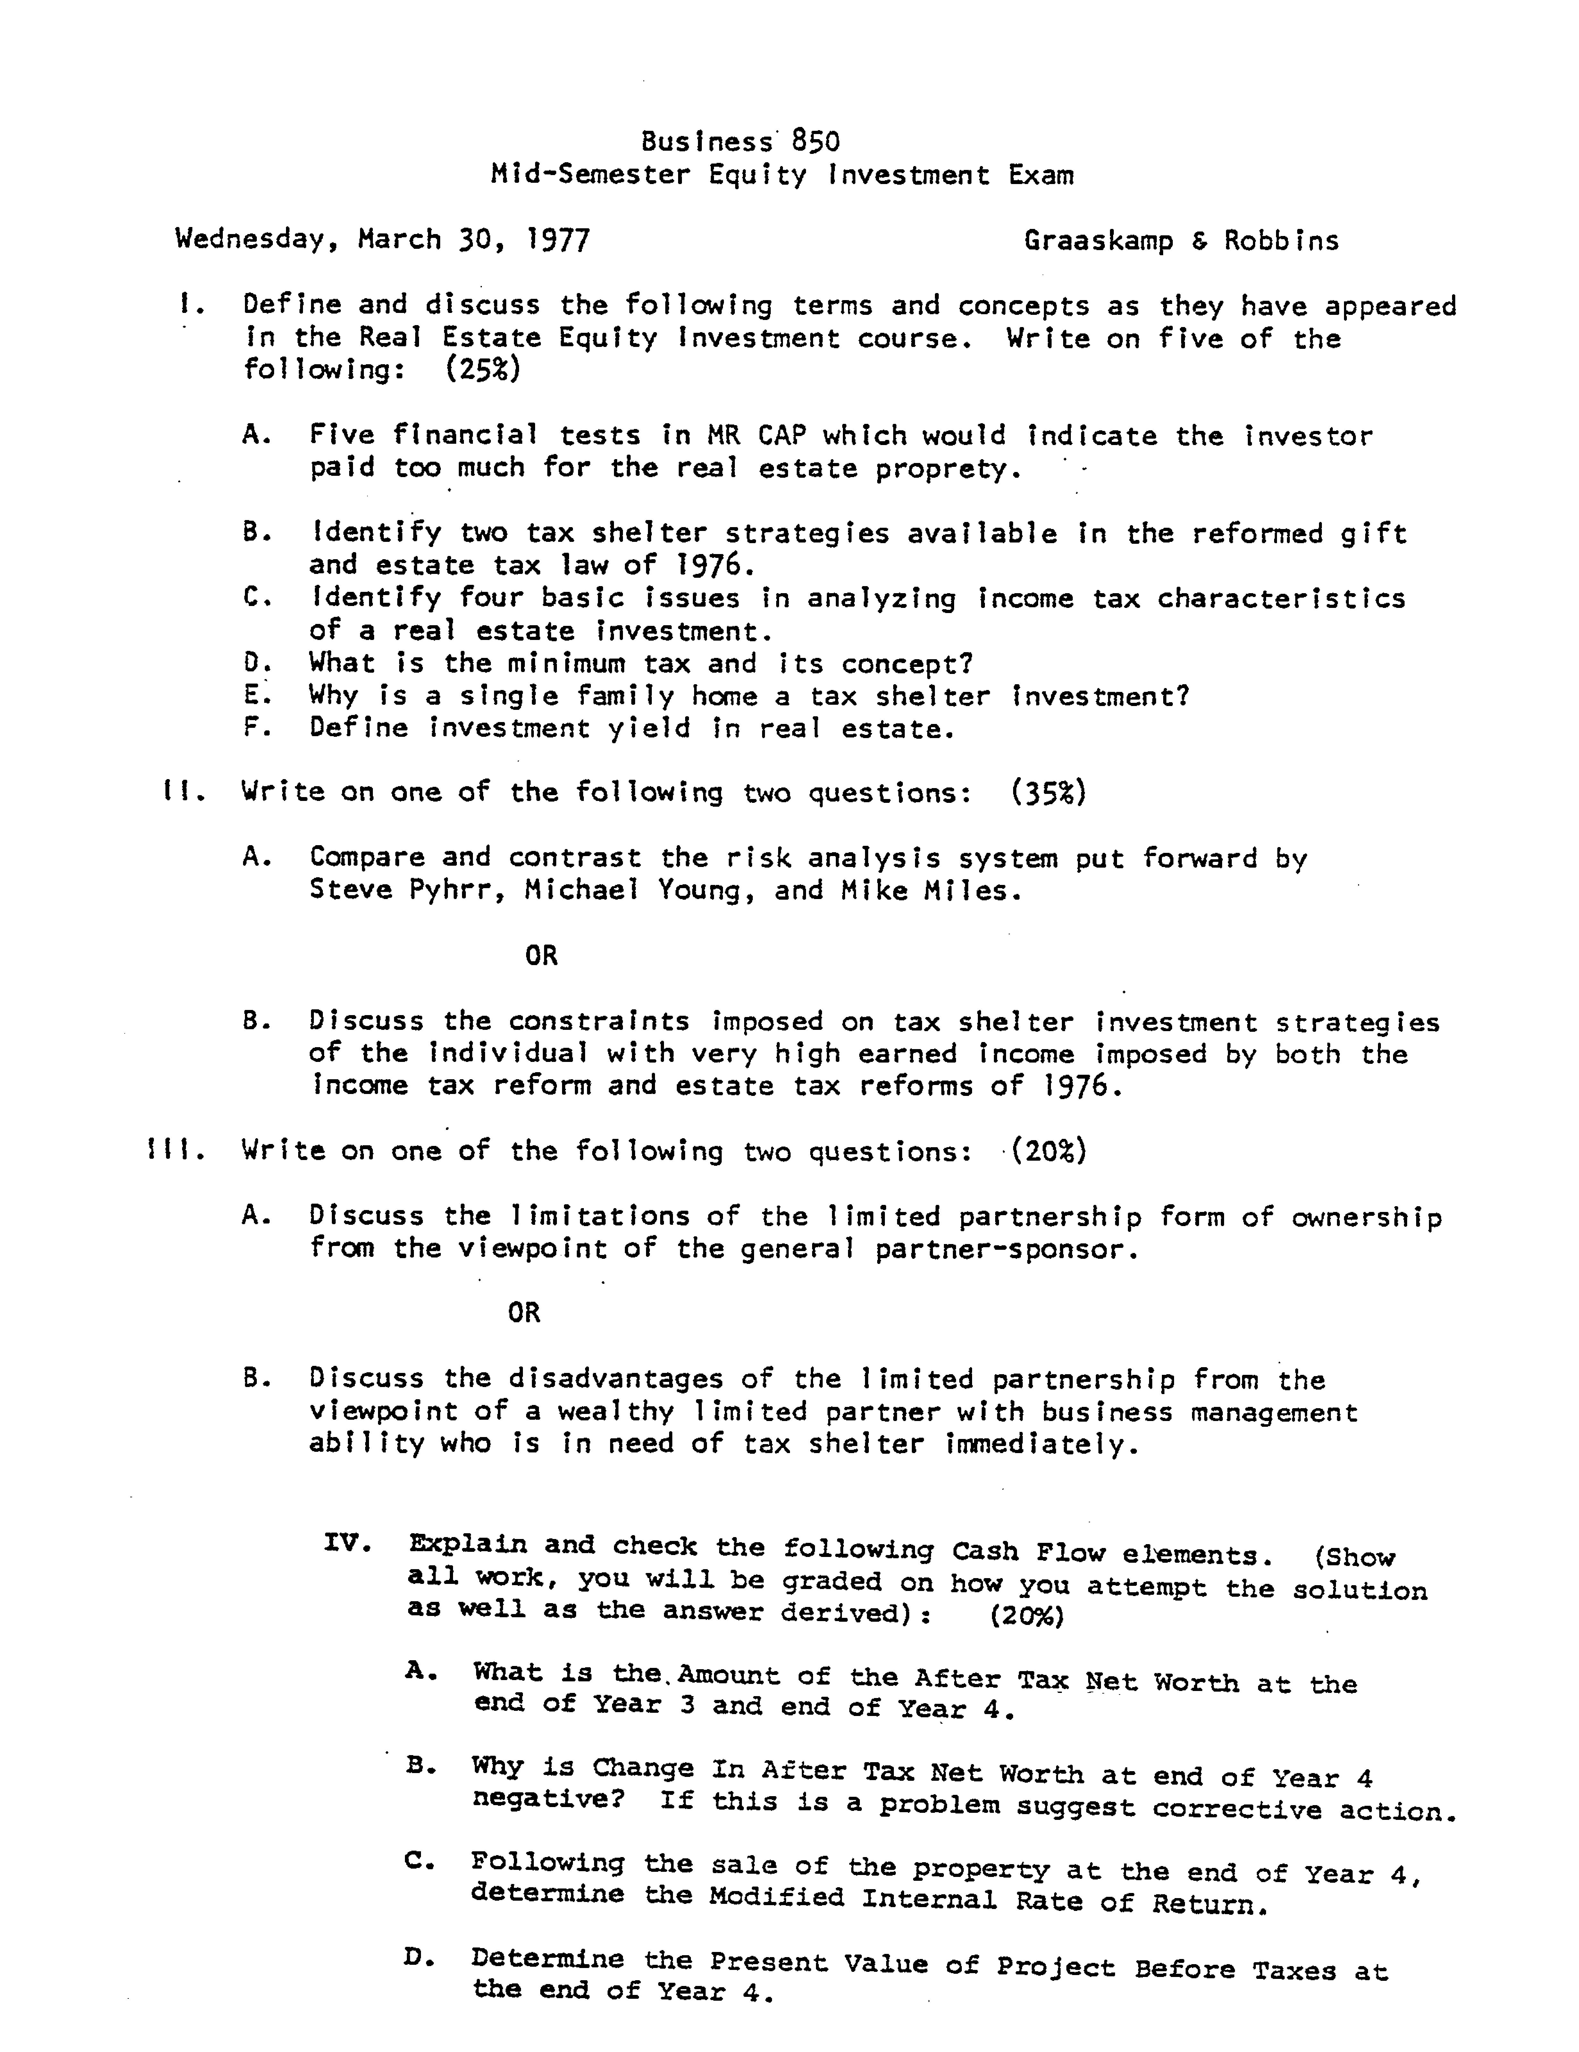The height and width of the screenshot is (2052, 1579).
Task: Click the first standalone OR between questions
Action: tap(541, 955)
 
